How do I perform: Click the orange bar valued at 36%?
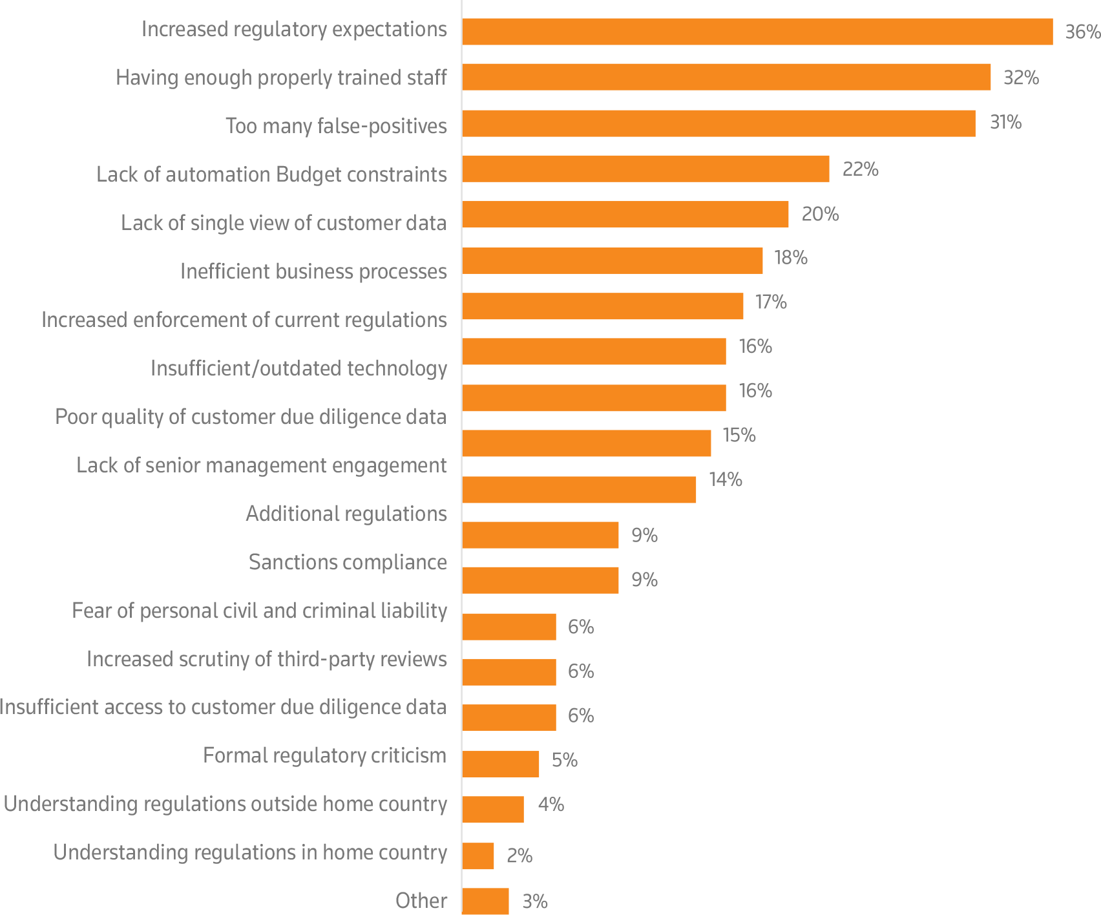pos(757,32)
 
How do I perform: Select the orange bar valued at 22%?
pos(645,169)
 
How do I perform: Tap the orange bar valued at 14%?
pos(579,490)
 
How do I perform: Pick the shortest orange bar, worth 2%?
pos(478,856)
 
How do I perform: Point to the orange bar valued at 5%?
pos(501,764)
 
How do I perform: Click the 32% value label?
pos(1021,78)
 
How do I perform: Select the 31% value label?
pos(1005,122)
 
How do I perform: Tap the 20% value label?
pos(820,214)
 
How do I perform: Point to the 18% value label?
pos(791,258)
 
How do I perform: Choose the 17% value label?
pos(771,302)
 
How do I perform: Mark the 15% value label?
pos(739,435)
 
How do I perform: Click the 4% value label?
pos(550,805)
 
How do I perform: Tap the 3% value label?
pos(534,901)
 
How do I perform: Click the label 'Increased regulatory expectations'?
pos(294,29)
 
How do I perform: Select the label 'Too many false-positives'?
pos(336,125)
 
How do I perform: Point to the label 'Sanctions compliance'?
pos(348,562)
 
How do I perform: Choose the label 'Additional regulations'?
pos(346,514)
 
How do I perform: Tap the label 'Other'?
pos(421,900)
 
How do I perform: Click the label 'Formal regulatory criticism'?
pos(324,755)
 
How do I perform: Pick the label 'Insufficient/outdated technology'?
pos(299,368)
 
